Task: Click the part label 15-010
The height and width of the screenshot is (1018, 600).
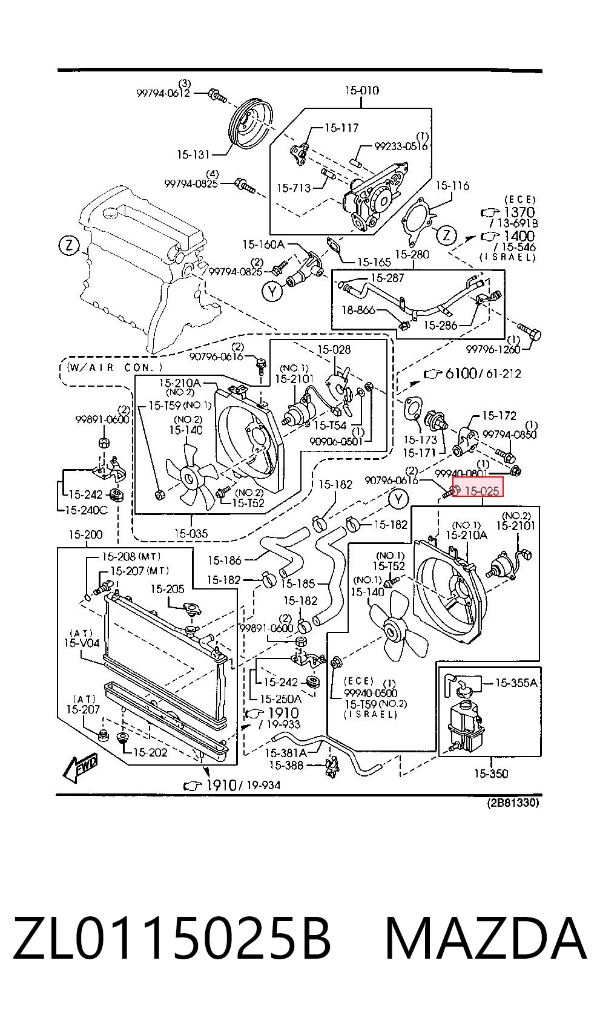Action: tap(361, 90)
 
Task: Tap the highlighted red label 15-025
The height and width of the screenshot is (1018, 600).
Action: tap(478, 487)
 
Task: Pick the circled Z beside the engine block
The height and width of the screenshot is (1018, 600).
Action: tap(68, 246)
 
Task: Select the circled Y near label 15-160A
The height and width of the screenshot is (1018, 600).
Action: tap(271, 291)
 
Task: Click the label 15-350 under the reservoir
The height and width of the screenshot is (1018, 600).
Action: tap(491, 773)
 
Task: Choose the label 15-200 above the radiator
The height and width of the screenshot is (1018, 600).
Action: tap(85, 534)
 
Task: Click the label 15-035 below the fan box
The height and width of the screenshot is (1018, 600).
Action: tap(191, 533)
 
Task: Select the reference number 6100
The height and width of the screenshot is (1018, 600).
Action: tap(461, 373)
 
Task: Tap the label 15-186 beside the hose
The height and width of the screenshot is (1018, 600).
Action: tap(225, 560)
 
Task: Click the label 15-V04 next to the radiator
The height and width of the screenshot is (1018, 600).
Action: tap(82, 643)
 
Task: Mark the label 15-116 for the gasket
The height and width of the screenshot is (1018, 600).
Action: tap(452, 185)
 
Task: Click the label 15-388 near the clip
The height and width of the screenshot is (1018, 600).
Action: tap(286, 766)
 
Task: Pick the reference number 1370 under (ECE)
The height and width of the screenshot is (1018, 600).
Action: tap(519, 212)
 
